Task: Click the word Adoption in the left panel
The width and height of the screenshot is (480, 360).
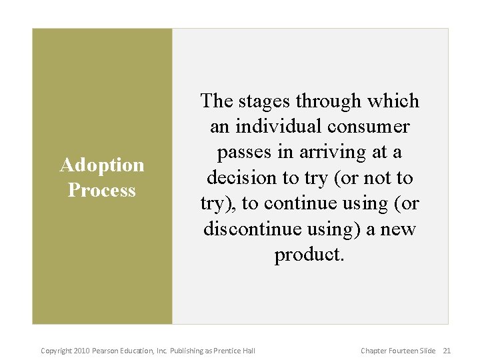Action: pos(102,165)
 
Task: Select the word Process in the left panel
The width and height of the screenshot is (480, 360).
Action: pos(101,190)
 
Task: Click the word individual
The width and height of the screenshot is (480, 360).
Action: pos(274,127)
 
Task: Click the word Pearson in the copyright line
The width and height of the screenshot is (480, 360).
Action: pos(106,351)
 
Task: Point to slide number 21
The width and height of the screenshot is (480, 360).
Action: pos(447,351)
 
